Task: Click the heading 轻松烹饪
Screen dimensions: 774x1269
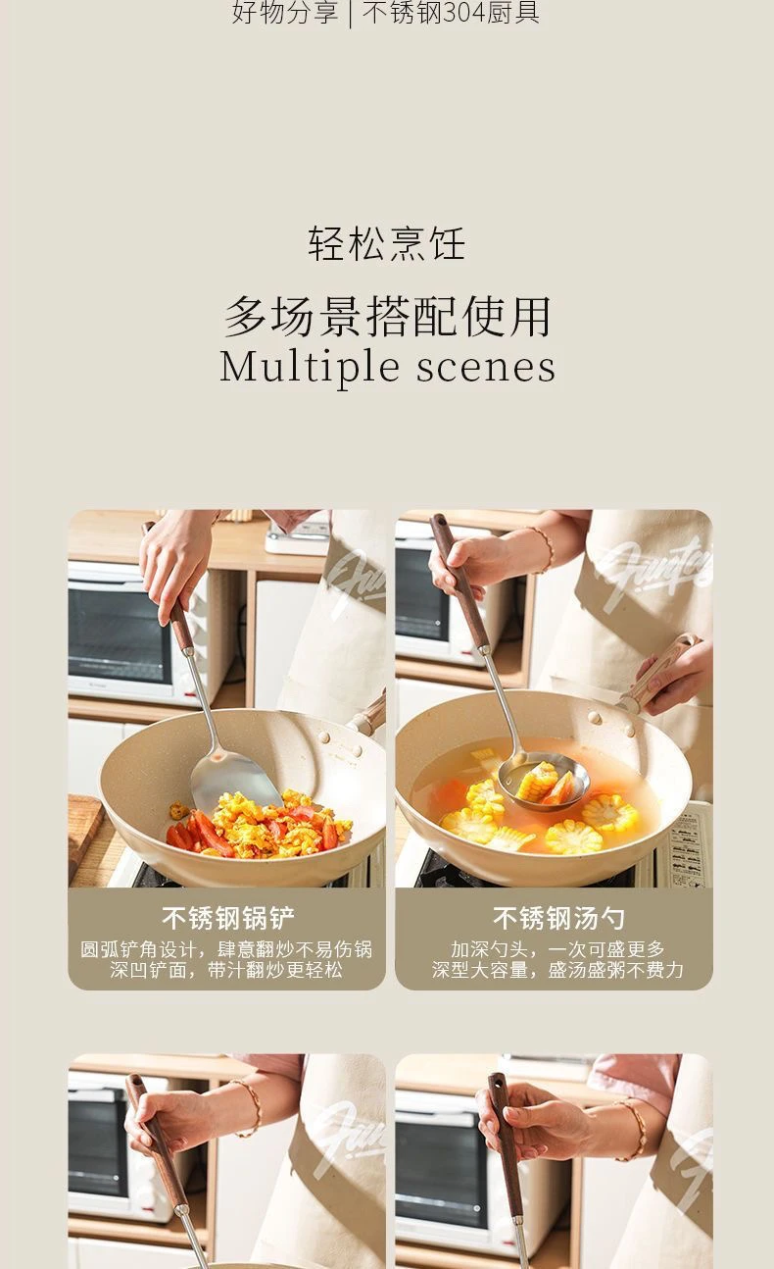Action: click(x=387, y=243)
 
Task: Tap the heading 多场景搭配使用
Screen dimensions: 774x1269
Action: click(x=387, y=316)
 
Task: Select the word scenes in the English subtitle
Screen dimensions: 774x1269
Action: click(x=485, y=368)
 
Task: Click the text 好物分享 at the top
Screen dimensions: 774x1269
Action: click(x=284, y=13)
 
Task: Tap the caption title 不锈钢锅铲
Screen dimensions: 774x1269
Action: click(x=227, y=918)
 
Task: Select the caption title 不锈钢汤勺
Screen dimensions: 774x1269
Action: click(x=558, y=918)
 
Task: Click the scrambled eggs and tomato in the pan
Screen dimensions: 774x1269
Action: click(x=261, y=823)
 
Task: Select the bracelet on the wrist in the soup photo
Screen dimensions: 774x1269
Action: click(x=543, y=549)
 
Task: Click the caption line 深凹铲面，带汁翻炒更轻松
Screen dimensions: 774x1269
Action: click(x=226, y=971)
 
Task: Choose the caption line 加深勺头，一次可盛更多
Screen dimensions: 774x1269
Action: click(x=557, y=949)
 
